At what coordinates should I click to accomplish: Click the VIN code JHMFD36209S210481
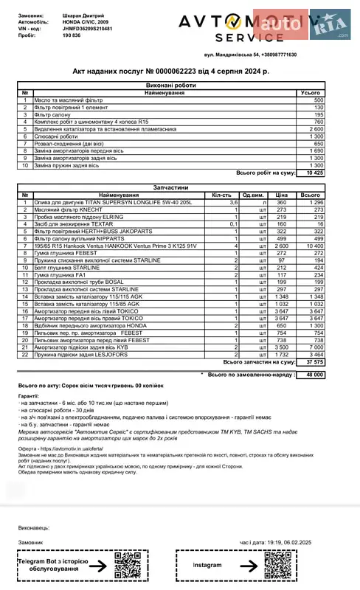coord(89,28)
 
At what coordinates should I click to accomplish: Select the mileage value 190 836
coord(76,35)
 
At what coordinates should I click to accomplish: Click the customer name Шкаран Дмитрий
coord(85,15)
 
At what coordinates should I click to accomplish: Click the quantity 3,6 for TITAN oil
coord(233,202)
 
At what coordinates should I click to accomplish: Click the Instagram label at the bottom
coord(207,565)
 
